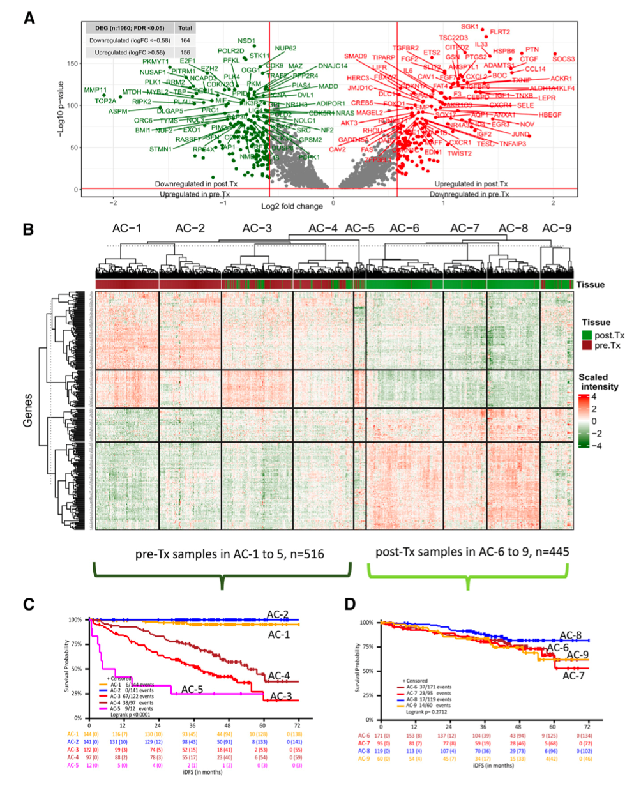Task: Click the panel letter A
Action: pyautogui.click(x=29, y=17)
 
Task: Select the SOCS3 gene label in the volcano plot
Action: pyautogui.click(x=563, y=59)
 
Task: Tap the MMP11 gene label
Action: pyautogui.click(x=95, y=91)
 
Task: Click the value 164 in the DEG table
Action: pyautogui.click(x=185, y=40)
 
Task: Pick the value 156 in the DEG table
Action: pyautogui.click(x=185, y=52)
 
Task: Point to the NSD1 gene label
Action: pyautogui.click(x=246, y=41)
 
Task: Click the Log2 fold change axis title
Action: pyautogui.click(x=292, y=206)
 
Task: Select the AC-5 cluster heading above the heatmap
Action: pyautogui.click(x=359, y=228)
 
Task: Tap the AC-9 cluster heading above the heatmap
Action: pyautogui.click(x=557, y=228)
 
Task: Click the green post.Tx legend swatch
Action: pyautogui.click(x=586, y=335)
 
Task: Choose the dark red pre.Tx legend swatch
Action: pyautogui.click(x=586, y=345)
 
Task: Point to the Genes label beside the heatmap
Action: pyautogui.click(x=28, y=410)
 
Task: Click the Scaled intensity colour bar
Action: pyautogui.click(x=584, y=421)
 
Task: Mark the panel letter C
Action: pyautogui.click(x=29, y=604)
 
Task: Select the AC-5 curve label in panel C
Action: pyautogui.click(x=192, y=689)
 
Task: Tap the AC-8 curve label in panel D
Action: pyautogui.click(x=570, y=635)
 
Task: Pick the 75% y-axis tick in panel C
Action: pyautogui.click(x=75, y=644)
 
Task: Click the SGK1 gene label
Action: pyautogui.click(x=469, y=27)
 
